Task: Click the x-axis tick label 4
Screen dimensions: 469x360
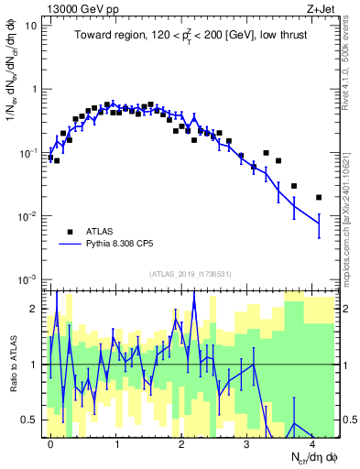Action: (x=312, y=442)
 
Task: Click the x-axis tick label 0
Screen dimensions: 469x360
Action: (x=50, y=442)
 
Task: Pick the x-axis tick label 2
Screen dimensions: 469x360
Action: (x=181, y=442)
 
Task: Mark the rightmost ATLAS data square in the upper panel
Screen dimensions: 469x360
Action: (x=319, y=197)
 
